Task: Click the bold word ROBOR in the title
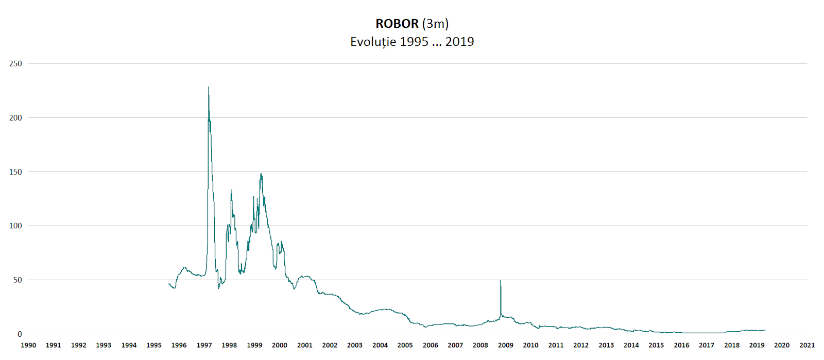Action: pos(397,24)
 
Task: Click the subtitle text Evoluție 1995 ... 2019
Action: pos(412,42)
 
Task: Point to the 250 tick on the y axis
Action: pos(15,64)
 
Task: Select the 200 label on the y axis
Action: pos(15,118)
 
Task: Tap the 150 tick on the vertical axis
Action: pos(15,172)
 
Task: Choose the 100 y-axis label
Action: pos(15,226)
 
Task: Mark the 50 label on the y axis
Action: pos(18,280)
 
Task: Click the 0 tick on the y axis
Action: pos(20,334)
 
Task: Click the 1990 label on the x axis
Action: pos(28,345)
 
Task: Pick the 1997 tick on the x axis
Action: pos(204,345)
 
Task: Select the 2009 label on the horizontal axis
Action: pos(505,345)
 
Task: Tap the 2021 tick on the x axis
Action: pos(806,345)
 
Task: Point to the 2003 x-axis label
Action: pos(355,345)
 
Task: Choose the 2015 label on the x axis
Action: pos(656,345)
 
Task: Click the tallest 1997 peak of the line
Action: pos(209,87)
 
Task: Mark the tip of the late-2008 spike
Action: pos(501,281)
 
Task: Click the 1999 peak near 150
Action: pos(261,174)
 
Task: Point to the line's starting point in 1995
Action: pos(169,284)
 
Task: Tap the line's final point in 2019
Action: pos(765,330)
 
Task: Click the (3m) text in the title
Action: pos(435,24)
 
